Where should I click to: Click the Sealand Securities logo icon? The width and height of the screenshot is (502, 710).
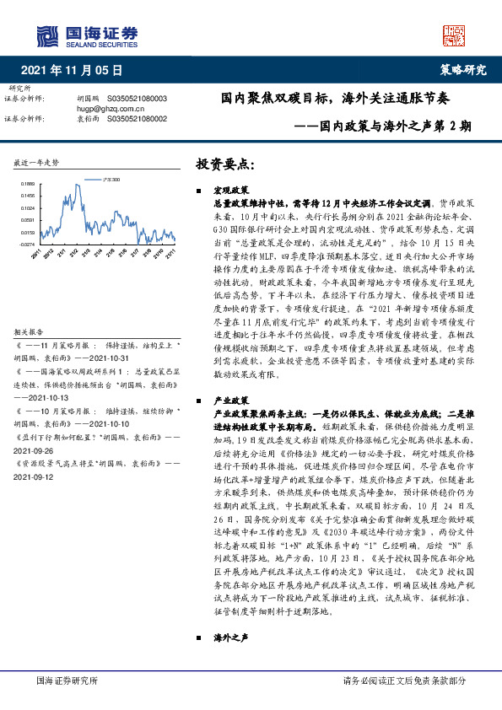(x=45, y=35)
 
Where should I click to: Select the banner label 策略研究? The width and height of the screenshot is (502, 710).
(x=463, y=71)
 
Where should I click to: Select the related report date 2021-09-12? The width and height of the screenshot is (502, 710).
(x=32, y=476)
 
